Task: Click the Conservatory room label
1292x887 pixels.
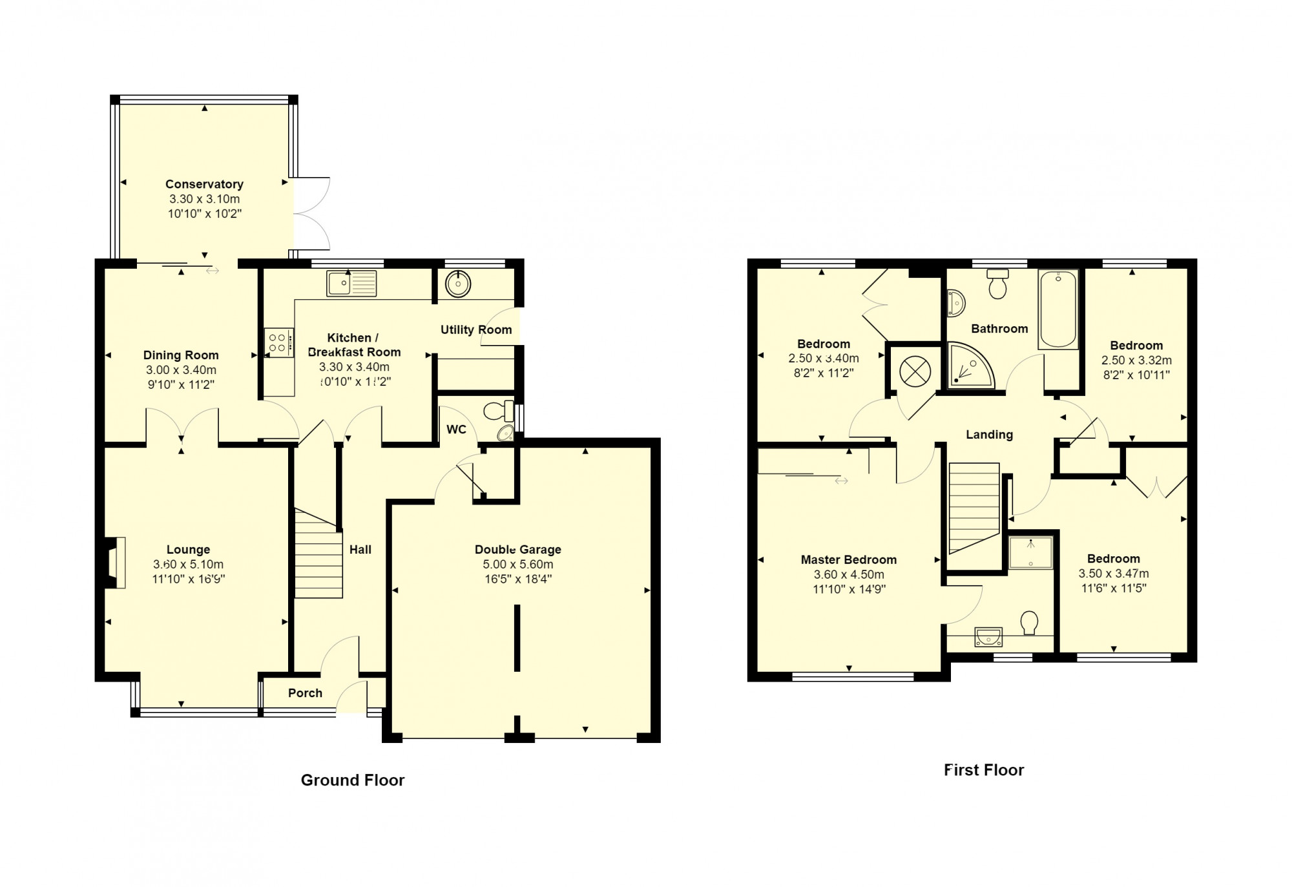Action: (204, 184)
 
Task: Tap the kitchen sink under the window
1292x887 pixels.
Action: (351, 284)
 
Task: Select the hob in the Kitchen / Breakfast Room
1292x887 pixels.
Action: (278, 342)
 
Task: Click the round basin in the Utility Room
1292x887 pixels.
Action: (458, 284)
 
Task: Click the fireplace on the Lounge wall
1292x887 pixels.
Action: (114, 563)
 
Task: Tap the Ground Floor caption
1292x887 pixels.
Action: (353, 780)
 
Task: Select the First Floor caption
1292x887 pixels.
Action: (984, 770)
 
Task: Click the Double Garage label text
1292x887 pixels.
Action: (518, 550)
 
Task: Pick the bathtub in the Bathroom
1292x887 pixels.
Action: (1058, 309)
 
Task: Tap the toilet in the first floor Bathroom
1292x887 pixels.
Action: (998, 284)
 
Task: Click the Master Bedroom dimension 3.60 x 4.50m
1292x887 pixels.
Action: (849, 575)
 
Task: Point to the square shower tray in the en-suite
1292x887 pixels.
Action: (1031, 553)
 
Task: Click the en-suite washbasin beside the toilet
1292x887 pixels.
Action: (988, 636)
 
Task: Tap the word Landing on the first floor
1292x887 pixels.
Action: (989, 435)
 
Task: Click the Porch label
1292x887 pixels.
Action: (305, 693)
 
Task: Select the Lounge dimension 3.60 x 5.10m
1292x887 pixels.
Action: (188, 565)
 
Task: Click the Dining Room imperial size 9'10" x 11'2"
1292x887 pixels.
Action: (181, 385)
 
